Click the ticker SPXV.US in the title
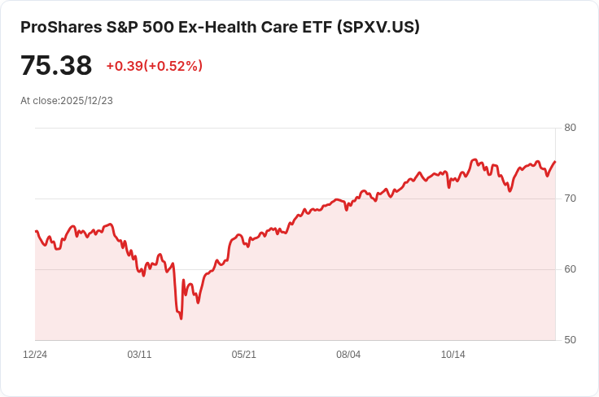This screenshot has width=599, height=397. coord(378,27)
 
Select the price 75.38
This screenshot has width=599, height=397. coord(56,66)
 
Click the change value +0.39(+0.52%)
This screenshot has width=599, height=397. coord(154,66)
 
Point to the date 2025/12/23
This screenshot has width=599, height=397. coord(86,101)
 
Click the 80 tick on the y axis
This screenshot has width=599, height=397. coord(570,128)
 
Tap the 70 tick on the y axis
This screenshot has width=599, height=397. coord(570,198)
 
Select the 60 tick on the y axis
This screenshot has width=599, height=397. coord(570,269)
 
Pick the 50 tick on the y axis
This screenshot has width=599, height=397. coord(570,340)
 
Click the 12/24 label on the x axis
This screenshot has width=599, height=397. coord(35,355)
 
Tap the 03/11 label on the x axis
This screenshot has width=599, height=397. coord(140,355)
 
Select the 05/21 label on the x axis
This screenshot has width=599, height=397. coord(244,355)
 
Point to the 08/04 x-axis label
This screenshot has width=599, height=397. coord(348,355)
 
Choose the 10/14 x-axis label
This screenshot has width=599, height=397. coord(453,355)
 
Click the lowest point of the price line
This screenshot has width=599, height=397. coord(181,318)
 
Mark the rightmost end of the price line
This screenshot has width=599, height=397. coord(555,161)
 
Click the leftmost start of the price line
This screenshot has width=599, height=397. coord(36,231)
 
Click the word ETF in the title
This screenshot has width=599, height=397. coord(316,27)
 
